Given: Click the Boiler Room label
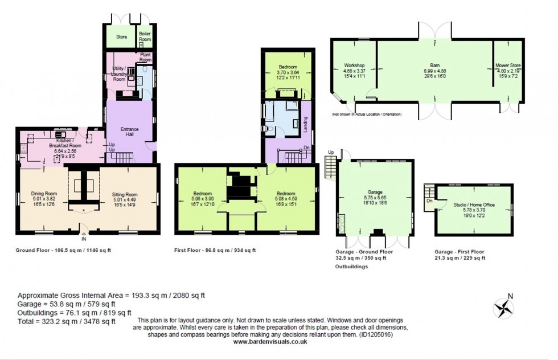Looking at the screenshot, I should (x=145, y=36).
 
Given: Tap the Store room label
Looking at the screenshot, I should (x=122, y=37).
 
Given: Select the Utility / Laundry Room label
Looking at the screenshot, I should (x=119, y=74).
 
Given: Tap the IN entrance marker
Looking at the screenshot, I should (x=84, y=239).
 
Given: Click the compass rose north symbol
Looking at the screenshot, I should (x=504, y=308).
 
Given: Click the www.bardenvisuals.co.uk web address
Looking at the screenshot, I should (x=270, y=342).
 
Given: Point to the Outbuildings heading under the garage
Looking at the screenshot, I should (x=351, y=266).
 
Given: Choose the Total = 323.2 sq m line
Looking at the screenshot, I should (x=67, y=321).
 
